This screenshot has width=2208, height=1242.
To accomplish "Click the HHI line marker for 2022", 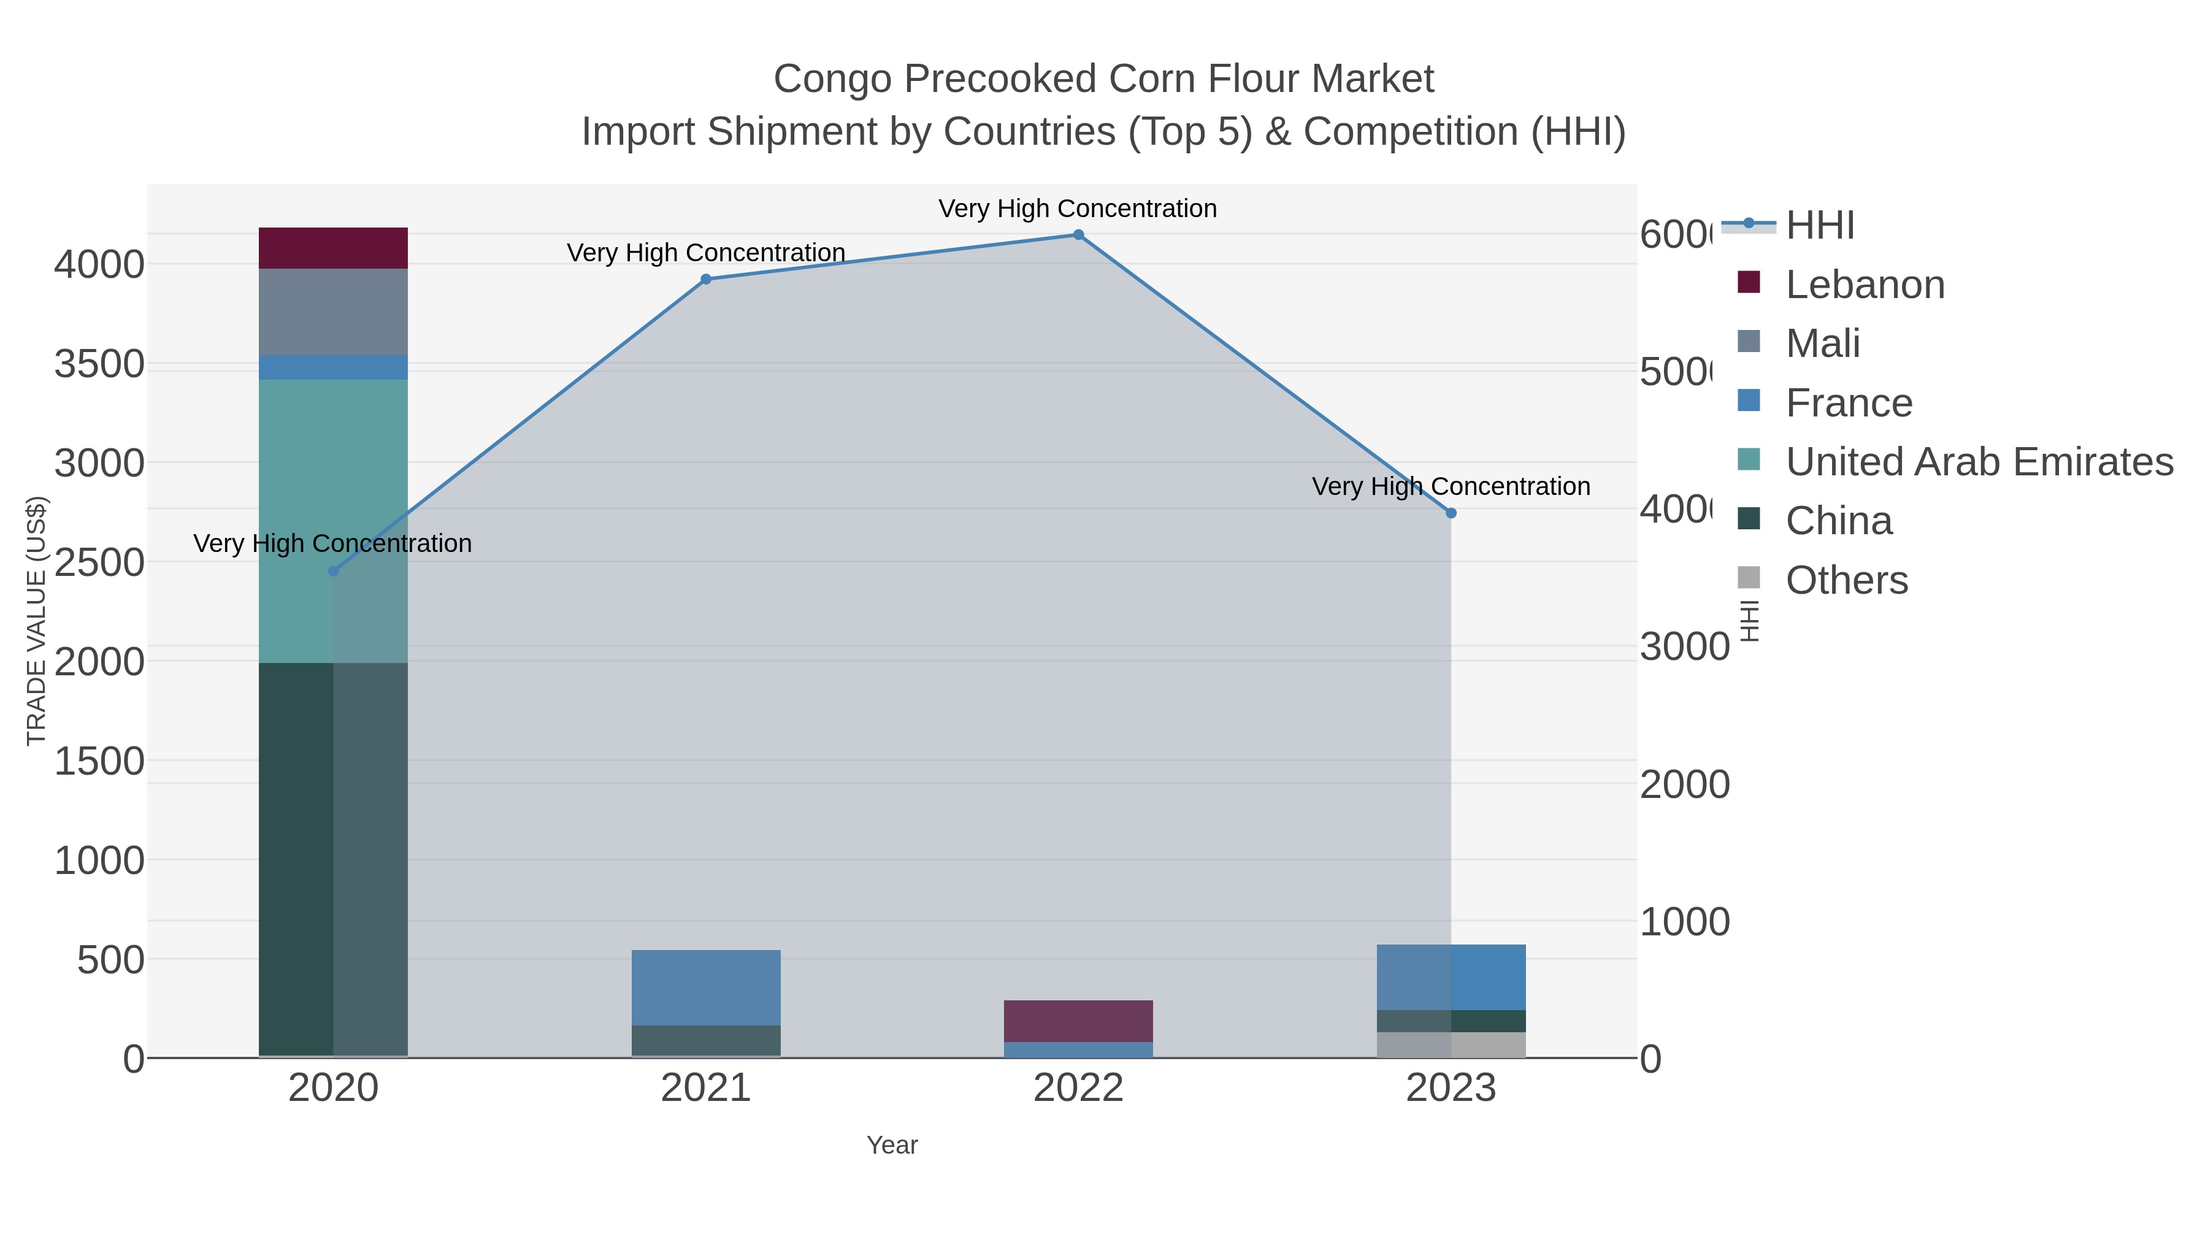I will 1078,235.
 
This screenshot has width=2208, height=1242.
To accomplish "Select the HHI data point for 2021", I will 705,280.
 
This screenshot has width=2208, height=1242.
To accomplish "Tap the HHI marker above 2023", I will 1451,513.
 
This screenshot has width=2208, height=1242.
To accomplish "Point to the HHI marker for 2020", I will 334,572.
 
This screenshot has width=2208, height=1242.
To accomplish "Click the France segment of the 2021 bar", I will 705,987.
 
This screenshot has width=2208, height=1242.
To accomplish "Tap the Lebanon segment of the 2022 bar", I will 1078,1021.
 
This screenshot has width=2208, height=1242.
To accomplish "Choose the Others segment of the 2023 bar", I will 1451,1045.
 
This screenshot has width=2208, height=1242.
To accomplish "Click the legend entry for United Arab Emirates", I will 1978,462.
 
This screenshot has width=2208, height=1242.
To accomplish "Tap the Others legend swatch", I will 1749,578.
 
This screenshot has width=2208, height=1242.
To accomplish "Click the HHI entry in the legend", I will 1820,226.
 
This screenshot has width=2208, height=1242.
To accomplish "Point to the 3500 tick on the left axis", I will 99,364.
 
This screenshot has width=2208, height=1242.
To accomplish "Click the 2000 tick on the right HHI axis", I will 1684,785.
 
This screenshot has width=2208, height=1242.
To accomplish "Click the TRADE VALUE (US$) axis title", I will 36,621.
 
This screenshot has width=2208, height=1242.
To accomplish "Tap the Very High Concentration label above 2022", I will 1078,209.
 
